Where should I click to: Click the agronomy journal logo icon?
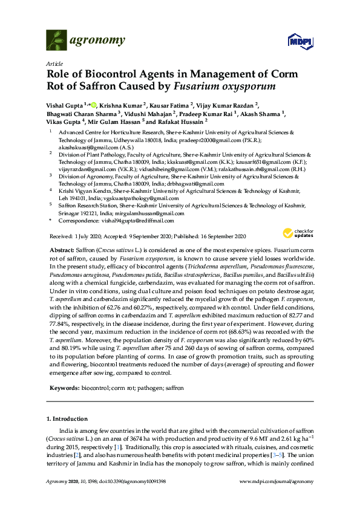click(x=57, y=41)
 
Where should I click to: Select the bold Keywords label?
click(x=63, y=387)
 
